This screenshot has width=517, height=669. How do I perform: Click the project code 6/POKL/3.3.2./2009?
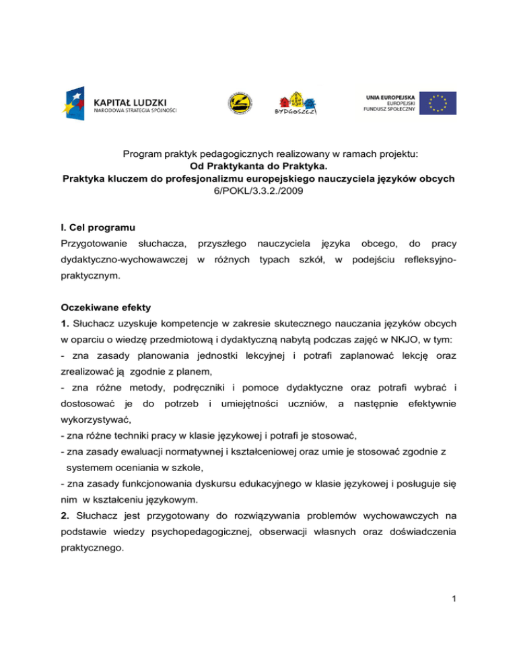[x=258, y=191]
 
